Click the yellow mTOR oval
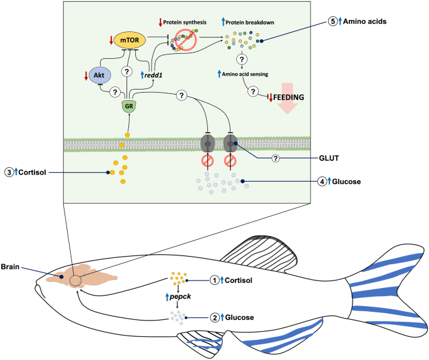pyautogui.click(x=128, y=41)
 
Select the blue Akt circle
pyautogui.click(x=100, y=75)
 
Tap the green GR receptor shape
pyautogui.click(x=128, y=106)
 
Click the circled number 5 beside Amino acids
pyautogui.click(x=333, y=21)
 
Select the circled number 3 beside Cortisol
pyautogui.click(x=9, y=171)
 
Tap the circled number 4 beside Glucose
pyautogui.click(x=323, y=182)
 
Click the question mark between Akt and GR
pyautogui.click(x=115, y=91)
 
